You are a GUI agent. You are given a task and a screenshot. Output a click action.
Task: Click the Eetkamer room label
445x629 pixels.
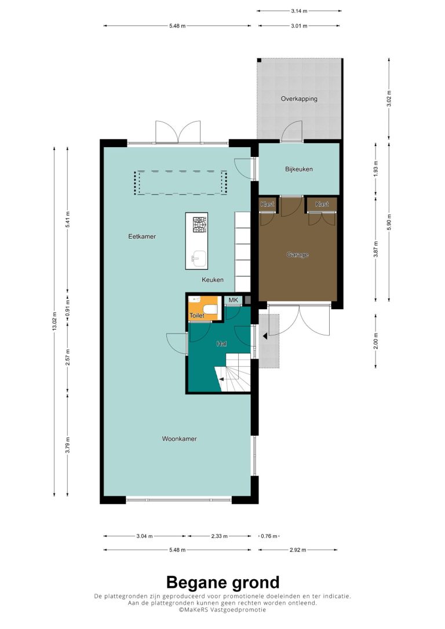click(x=142, y=236)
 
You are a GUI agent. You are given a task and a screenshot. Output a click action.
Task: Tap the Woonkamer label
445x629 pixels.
click(x=180, y=438)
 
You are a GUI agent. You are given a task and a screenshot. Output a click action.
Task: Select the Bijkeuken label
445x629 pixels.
click(x=299, y=169)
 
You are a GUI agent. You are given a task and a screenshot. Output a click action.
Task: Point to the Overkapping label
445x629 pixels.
click(x=299, y=98)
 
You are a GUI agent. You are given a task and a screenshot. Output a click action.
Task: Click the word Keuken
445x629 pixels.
click(x=213, y=280)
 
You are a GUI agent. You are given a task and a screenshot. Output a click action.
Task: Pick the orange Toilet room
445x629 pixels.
click(x=203, y=309)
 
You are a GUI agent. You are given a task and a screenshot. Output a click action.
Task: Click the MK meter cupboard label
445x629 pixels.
click(x=233, y=300)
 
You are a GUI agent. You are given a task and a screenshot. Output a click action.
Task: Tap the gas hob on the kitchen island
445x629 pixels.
click(x=200, y=225)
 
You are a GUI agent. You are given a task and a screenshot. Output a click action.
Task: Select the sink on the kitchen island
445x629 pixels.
click(x=199, y=258)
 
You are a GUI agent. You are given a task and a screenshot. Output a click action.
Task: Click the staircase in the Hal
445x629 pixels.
click(x=234, y=373)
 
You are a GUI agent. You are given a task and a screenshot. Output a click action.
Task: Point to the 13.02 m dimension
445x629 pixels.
click(x=54, y=321)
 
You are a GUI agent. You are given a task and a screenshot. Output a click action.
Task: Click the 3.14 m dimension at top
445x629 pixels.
click(x=299, y=11)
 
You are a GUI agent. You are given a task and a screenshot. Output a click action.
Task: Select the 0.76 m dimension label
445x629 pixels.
click(x=269, y=536)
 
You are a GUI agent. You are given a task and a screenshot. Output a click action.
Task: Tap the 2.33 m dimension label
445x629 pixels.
click(x=220, y=536)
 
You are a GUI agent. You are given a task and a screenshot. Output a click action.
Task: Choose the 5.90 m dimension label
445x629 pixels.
click(x=388, y=222)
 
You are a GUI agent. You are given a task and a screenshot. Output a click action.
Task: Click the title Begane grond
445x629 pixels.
click(x=222, y=582)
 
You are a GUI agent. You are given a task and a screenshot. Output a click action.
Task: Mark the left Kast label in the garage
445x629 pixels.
click(x=267, y=204)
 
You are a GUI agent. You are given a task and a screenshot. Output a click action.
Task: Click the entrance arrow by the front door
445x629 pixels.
click(x=264, y=336)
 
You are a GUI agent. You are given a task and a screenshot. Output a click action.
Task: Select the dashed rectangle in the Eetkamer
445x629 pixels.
click(x=181, y=182)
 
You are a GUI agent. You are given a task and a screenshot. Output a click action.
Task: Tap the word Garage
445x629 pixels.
click(x=298, y=255)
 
